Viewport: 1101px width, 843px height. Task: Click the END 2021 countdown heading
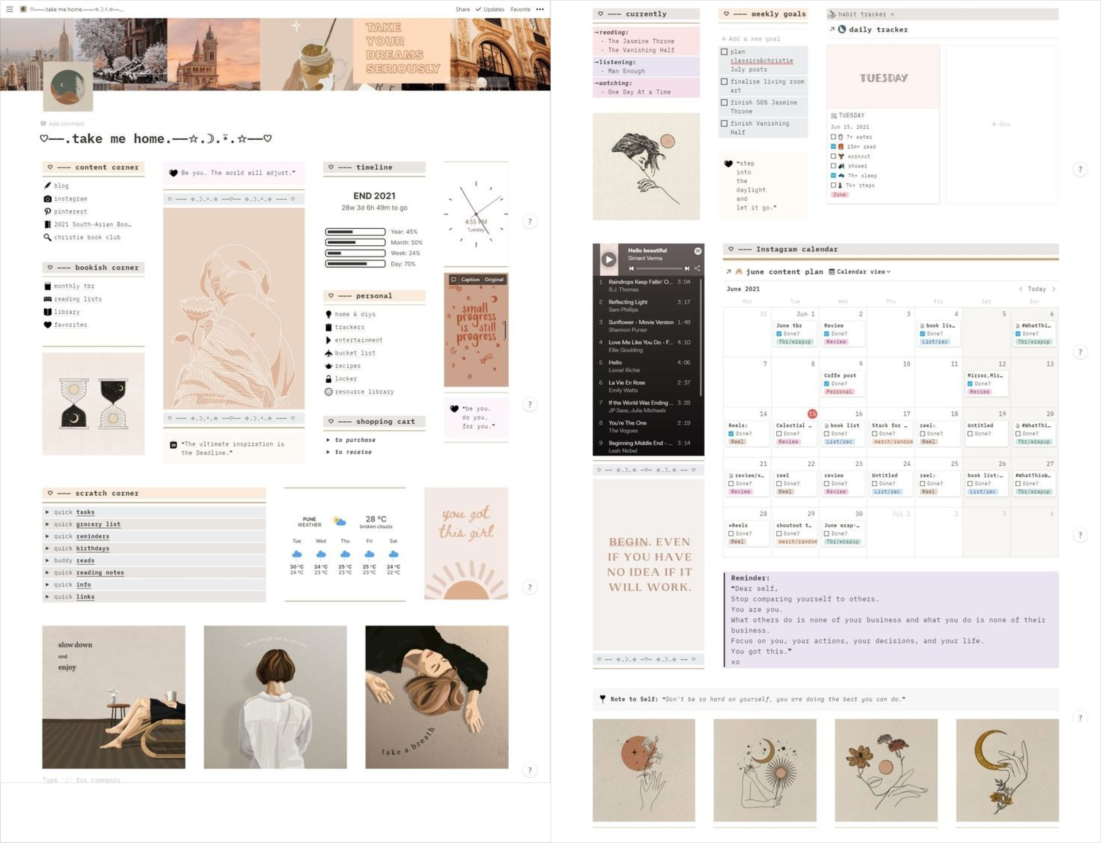374,196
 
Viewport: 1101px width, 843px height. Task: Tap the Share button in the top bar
462,9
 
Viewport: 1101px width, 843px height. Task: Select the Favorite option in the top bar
520,9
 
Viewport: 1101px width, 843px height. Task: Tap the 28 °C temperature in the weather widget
376,519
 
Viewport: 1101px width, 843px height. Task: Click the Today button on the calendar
1036,289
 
